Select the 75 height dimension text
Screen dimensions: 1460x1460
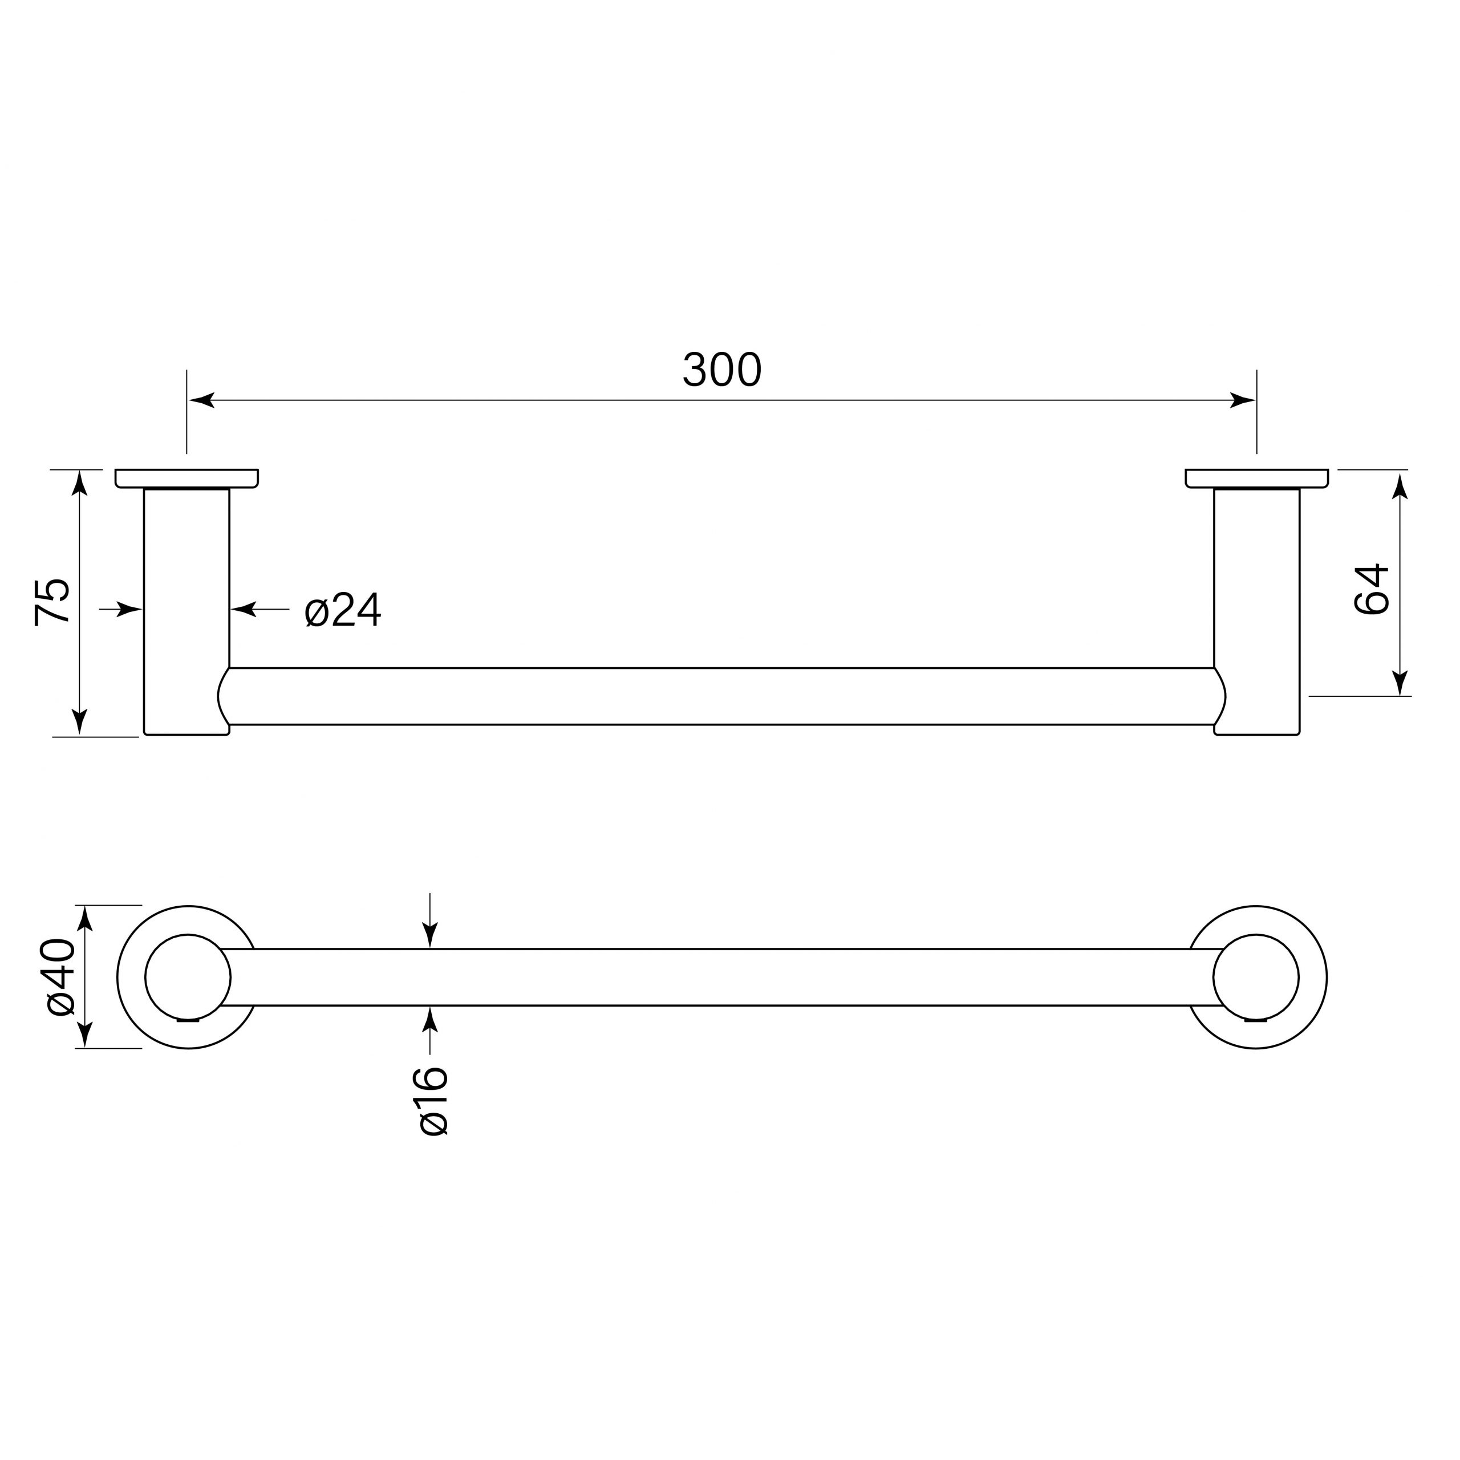[x=53, y=602]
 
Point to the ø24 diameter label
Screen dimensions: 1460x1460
[x=342, y=611]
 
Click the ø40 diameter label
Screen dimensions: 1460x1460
[x=60, y=976]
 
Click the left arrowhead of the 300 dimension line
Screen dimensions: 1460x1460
[x=201, y=400]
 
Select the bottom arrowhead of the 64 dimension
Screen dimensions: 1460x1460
[x=1400, y=683]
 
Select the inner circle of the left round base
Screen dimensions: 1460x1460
[x=188, y=977]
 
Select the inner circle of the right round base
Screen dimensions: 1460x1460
[x=1256, y=977]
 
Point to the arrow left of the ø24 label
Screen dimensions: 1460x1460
[x=244, y=609]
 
